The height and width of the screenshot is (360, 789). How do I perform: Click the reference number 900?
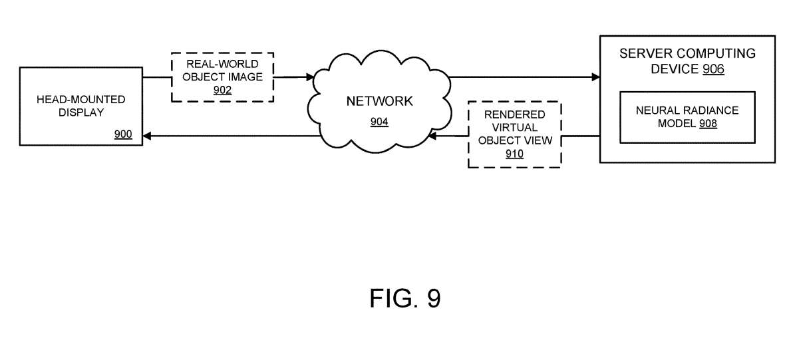click(x=123, y=134)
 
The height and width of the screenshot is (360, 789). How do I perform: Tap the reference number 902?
click(x=222, y=90)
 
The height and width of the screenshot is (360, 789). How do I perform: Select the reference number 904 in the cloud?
click(x=379, y=122)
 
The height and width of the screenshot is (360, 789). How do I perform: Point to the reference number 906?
click(x=712, y=69)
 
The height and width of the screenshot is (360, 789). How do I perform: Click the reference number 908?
click(x=708, y=123)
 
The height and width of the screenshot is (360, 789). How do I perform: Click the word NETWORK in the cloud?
click(x=379, y=101)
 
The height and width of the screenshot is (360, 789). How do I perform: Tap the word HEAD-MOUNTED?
click(x=81, y=99)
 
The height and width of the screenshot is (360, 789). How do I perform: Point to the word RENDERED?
click(x=514, y=114)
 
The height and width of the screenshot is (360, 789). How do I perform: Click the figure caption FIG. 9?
click(x=404, y=299)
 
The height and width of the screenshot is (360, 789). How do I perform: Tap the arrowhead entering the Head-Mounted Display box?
click(x=147, y=136)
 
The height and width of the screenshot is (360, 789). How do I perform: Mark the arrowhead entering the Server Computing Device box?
click(x=595, y=77)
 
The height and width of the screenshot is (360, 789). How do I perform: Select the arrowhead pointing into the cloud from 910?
click(x=432, y=136)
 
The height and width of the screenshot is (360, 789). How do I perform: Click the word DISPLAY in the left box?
click(x=81, y=112)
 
